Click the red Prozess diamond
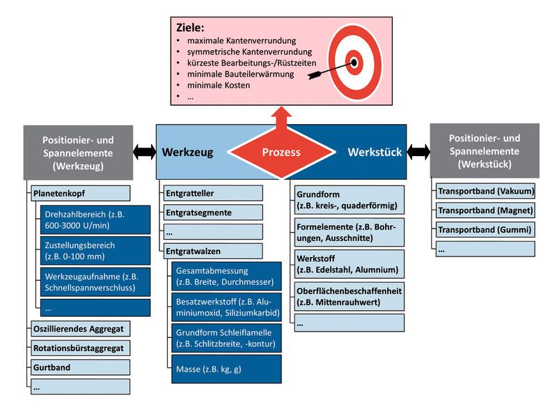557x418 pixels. click(x=281, y=151)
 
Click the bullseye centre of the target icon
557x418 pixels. click(x=354, y=62)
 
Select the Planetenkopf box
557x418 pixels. click(x=79, y=193)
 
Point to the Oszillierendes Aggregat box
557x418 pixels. click(x=79, y=328)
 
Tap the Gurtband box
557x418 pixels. click(x=79, y=366)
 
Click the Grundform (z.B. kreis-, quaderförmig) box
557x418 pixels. click(x=347, y=200)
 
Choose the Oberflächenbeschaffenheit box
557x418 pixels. click(x=347, y=296)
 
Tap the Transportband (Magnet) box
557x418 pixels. click(x=485, y=210)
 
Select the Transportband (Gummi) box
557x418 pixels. click(x=485, y=229)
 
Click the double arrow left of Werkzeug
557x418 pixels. click(x=145, y=151)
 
